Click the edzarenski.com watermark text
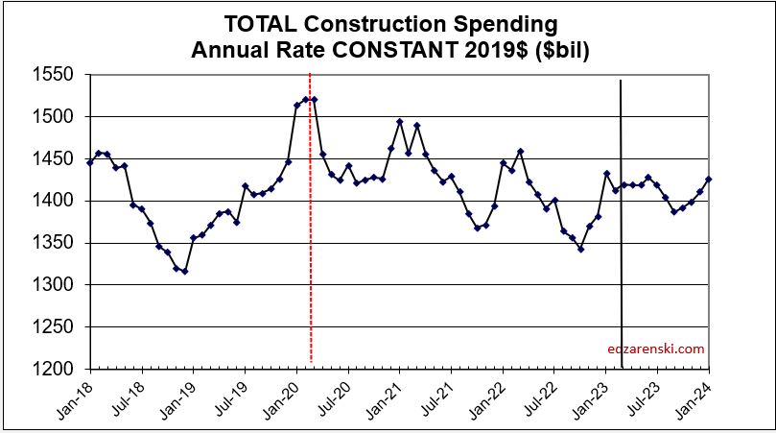(656, 349)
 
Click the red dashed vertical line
(310, 240)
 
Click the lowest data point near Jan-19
(184, 271)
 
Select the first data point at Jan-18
(90, 162)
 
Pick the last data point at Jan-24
(709, 180)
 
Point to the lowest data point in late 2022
(580, 250)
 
